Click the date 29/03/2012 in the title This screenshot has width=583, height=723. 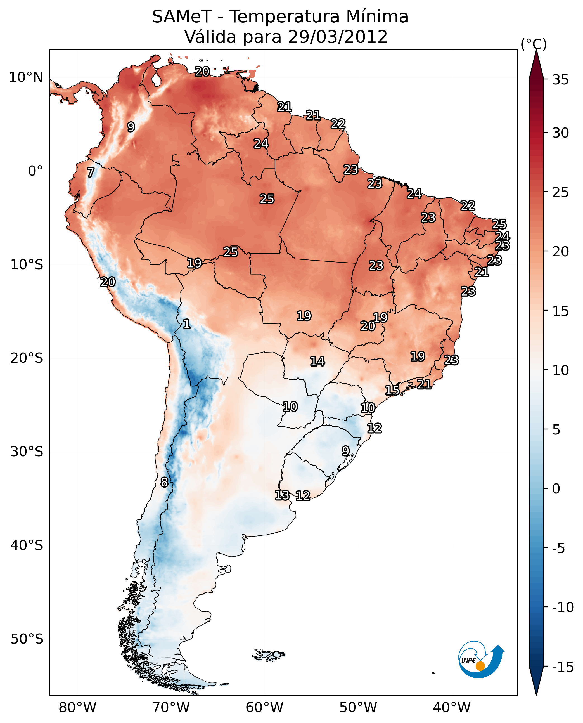338,37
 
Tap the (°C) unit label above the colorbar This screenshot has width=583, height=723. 534,44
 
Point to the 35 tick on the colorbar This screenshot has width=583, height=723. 560,80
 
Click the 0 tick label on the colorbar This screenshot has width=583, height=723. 556,488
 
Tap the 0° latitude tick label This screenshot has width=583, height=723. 35,171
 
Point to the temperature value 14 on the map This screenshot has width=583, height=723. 317,361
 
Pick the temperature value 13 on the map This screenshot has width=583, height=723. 282,495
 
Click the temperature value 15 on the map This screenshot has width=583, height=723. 392,390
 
